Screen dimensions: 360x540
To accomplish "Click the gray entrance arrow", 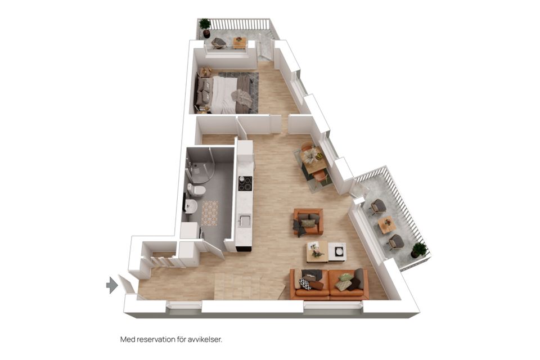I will (111, 286).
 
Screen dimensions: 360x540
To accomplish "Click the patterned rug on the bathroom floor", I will (210, 213).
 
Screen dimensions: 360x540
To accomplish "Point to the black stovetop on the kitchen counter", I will (245, 183).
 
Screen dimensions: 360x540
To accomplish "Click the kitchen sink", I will (244, 221).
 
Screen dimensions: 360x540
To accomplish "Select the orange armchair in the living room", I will (308, 222).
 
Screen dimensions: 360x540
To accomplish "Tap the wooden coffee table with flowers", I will (317, 251).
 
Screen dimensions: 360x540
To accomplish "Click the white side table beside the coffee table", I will (337, 251).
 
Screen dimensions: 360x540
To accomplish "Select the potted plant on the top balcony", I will (205, 26).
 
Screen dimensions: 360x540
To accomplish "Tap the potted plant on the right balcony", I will (418, 249).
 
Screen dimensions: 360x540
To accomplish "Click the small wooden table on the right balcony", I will (386, 224).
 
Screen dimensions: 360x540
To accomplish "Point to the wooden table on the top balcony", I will (240, 43).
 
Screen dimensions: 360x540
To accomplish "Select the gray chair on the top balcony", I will (219, 43).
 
